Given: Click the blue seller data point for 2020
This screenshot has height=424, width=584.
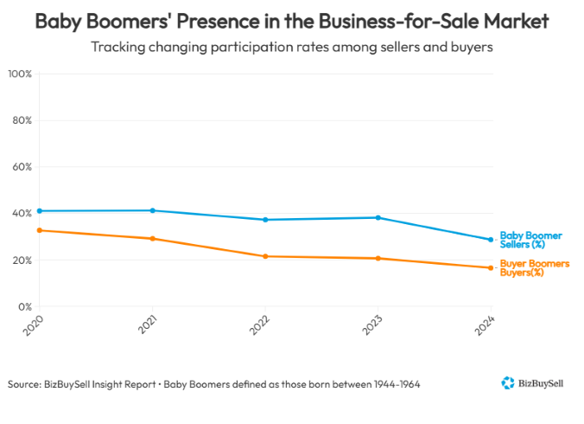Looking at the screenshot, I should [x=40, y=210].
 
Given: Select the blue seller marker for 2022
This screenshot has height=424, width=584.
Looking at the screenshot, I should [x=265, y=220].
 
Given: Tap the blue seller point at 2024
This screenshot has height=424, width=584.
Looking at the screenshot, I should [x=491, y=240].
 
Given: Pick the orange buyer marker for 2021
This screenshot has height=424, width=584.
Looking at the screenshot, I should [x=153, y=239].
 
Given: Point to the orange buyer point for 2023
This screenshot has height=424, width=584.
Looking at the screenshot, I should [x=378, y=258].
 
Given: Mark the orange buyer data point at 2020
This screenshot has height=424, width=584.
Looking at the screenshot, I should [x=40, y=230].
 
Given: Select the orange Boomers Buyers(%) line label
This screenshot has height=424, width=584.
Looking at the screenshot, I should [x=534, y=267].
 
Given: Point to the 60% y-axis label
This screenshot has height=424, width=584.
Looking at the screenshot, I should [x=21, y=167].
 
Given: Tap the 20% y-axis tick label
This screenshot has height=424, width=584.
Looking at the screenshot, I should [x=21, y=260].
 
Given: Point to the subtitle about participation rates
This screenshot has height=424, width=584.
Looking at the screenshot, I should [x=292, y=47].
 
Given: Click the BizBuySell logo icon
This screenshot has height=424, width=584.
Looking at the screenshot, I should [x=508, y=382].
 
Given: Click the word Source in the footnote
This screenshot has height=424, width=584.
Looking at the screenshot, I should [x=25, y=383].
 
